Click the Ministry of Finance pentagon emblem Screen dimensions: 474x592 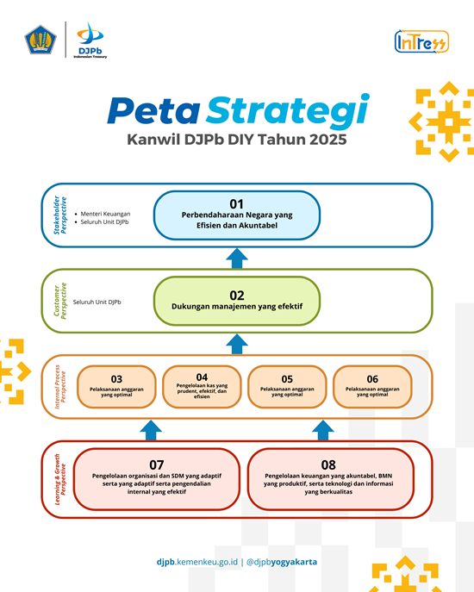(x=41, y=40)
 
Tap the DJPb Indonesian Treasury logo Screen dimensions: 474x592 (x=90, y=40)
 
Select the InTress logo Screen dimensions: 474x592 (x=421, y=41)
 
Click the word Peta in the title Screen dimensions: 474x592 (x=153, y=110)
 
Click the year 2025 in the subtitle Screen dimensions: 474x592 (x=327, y=140)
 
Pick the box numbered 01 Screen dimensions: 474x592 (x=237, y=215)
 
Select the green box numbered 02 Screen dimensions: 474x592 (x=237, y=301)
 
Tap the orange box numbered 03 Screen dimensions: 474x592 (x=116, y=387)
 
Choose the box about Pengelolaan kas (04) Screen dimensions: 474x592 (x=202, y=387)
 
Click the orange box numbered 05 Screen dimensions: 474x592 (x=287, y=387)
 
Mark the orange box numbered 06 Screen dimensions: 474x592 (x=372, y=387)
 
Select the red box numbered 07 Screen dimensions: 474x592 (x=156, y=479)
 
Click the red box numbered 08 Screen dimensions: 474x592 (x=331, y=479)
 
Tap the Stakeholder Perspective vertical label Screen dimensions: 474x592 (x=59, y=215)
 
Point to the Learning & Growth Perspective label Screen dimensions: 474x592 (x=60, y=479)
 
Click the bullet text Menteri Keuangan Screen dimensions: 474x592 (x=105, y=214)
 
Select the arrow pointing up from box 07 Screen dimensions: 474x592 (x=151, y=430)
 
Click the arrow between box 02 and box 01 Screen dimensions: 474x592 (x=237, y=259)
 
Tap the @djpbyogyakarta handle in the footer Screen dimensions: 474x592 (x=282, y=562)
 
